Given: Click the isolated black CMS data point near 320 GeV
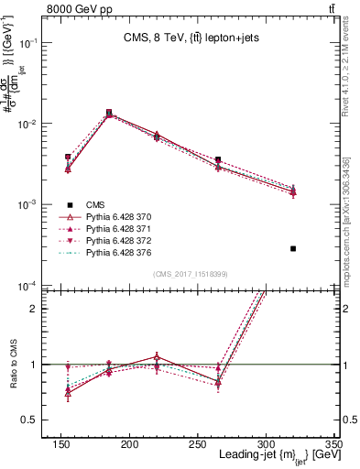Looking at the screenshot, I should point(293,248).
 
